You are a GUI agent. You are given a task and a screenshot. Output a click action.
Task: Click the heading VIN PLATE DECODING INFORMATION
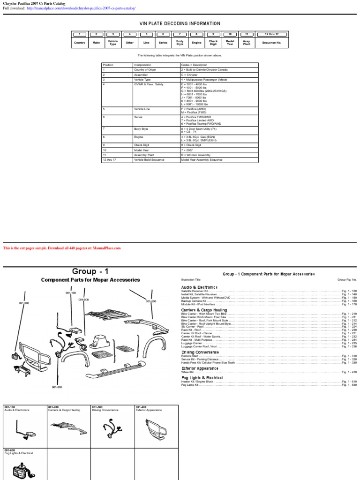180,23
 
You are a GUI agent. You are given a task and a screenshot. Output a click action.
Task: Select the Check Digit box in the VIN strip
213,43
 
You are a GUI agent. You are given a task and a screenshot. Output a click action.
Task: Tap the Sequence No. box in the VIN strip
271,43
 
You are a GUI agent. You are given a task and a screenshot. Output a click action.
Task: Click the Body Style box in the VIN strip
180,43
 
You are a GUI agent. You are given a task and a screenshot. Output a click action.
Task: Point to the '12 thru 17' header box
271,34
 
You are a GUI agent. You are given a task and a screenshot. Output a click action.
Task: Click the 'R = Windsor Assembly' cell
198,154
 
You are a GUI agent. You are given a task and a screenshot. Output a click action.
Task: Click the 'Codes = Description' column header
194,65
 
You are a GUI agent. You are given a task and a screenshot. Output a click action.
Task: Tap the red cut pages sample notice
62,248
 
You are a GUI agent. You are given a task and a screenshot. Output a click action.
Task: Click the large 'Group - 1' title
90,271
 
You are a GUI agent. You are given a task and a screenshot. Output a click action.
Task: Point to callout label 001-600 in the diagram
24,303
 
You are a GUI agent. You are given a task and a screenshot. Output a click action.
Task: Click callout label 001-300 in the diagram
57,387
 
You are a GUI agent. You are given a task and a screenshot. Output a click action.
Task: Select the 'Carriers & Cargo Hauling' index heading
204,310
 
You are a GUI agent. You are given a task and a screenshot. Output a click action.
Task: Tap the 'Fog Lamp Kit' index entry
189,385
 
